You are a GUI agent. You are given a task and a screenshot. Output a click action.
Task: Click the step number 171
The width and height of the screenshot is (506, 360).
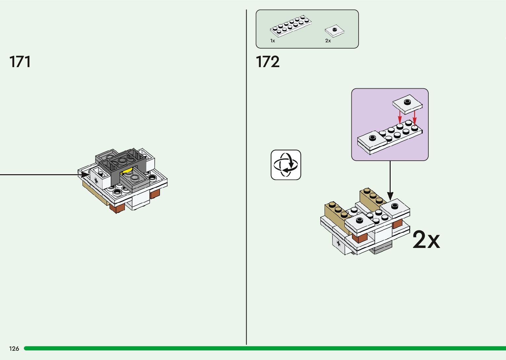(20, 62)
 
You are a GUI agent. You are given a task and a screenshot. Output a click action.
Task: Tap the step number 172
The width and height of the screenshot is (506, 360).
(268, 62)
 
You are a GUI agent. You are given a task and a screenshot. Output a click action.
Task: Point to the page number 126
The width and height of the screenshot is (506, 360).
(14, 349)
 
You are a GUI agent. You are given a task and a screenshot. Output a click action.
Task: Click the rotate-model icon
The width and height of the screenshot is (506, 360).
(286, 165)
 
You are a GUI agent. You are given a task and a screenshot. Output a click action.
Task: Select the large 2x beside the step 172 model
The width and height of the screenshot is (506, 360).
(426, 240)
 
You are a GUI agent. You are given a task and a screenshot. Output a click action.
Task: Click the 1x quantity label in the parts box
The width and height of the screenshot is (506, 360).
(273, 41)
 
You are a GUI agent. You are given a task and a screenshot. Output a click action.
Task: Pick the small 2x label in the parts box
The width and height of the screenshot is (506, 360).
(328, 41)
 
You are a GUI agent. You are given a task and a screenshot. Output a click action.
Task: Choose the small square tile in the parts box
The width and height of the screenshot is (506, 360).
(334, 31)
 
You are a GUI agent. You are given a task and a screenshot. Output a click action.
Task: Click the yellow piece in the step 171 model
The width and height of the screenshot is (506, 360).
(127, 171)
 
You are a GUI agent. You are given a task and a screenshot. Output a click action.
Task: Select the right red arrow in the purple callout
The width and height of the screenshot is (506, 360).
(414, 117)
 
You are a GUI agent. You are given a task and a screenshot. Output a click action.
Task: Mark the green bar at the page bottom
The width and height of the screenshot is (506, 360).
(264, 348)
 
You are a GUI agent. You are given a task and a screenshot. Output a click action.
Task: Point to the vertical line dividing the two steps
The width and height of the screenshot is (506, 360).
(246, 198)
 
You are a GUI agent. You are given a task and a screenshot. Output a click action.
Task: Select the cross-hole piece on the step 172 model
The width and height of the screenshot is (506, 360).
(338, 243)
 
